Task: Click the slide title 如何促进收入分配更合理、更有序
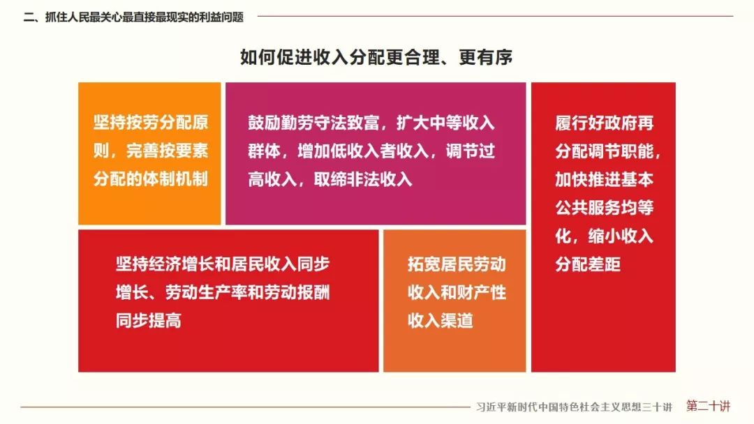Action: (x=376, y=57)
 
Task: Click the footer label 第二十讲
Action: (x=708, y=406)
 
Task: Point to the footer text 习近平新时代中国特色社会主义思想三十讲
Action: (x=573, y=407)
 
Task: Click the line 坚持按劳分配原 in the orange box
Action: (x=151, y=123)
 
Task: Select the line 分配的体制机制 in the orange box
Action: (x=151, y=179)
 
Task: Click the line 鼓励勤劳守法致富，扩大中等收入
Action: (x=371, y=123)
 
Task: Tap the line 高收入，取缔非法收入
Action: (x=330, y=179)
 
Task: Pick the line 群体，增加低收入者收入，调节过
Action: (x=371, y=151)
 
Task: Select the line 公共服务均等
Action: (x=604, y=208)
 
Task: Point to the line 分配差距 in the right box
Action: (x=588, y=264)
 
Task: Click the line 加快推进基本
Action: (x=604, y=180)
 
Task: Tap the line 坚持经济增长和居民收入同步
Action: (x=223, y=264)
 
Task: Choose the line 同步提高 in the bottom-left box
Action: (x=149, y=321)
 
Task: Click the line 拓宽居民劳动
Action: (x=457, y=264)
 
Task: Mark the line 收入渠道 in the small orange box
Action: (x=441, y=321)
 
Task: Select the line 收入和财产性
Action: (x=457, y=292)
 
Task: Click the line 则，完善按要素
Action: (x=151, y=151)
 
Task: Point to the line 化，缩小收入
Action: (x=604, y=236)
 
